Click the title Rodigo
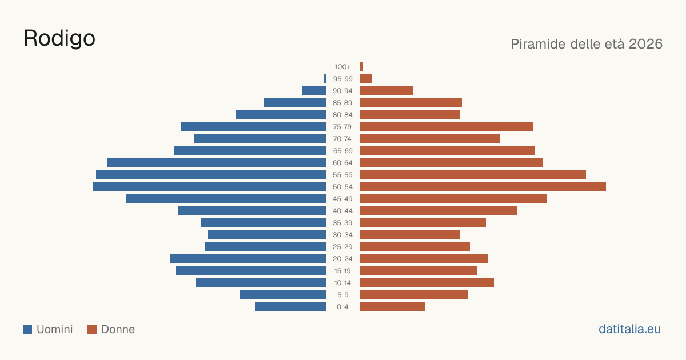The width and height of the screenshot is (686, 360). (x=59, y=39)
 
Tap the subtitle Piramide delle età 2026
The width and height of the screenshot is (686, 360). (x=587, y=44)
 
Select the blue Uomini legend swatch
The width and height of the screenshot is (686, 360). (x=27, y=329)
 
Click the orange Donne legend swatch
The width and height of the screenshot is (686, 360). (x=92, y=329)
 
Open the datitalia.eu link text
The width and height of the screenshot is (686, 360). (x=629, y=329)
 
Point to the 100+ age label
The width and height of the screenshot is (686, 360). (x=342, y=67)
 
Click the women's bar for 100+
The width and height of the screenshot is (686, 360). (x=362, y=67)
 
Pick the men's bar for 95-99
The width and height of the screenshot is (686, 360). (x=325, y=79)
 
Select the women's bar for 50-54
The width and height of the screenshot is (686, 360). (x=483, y=187)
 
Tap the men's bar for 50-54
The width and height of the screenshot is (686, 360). (x=209, y=187)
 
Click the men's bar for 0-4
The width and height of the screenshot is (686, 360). (x=290, y=307)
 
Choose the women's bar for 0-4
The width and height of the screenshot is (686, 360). (x=392, y=307)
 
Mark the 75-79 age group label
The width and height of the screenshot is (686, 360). (x=342, y=127)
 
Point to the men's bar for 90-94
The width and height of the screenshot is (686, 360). (x=314, y=91)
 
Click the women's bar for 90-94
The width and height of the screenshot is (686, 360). (x=386, y=91)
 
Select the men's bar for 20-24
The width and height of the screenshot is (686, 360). (x=248, y=259)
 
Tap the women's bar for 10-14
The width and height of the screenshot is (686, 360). (x=427, y=282)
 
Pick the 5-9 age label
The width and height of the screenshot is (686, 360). (x=342, y=295)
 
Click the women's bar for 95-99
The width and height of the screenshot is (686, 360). (x=366, y=79)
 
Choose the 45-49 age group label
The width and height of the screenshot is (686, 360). (x=342, y=199)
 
